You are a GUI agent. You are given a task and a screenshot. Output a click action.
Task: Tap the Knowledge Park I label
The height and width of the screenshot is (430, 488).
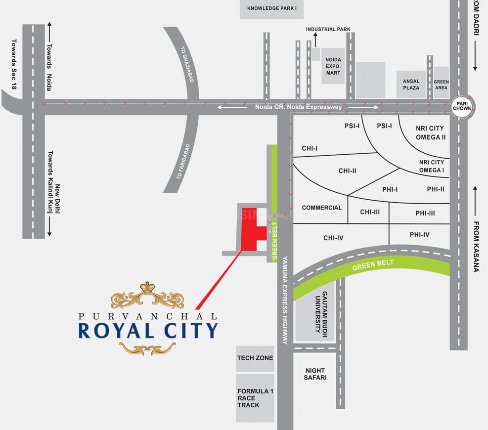[271, 8]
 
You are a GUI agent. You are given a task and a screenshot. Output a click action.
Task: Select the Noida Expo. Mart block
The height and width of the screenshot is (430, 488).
[333, 66]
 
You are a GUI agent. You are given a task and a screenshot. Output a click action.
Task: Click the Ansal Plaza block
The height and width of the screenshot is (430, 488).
[411, 85]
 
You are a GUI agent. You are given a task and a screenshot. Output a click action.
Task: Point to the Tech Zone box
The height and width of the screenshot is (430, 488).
[255, 358]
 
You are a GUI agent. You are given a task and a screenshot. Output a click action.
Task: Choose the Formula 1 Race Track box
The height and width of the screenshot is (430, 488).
[255, 398]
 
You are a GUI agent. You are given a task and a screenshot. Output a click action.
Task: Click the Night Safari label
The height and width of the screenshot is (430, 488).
[315, 374]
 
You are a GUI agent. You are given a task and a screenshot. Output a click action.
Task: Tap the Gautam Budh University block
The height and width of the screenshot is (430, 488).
[315, 311]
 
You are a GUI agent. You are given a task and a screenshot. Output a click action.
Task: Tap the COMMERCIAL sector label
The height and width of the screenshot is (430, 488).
[322, 208]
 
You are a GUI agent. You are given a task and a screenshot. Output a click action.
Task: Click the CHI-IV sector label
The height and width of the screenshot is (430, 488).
[333, 238]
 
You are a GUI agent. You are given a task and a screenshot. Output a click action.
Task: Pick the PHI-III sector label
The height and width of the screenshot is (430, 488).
[425, 214]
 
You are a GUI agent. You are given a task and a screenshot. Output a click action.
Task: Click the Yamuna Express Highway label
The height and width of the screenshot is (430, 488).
[285, 301]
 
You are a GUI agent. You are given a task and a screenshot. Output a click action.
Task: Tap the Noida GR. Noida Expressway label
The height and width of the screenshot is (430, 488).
[298, 107]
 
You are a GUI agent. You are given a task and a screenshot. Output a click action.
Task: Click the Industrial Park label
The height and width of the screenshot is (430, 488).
[328, 29]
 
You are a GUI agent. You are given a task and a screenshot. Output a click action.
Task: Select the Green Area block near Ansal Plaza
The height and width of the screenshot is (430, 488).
[441, 85]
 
